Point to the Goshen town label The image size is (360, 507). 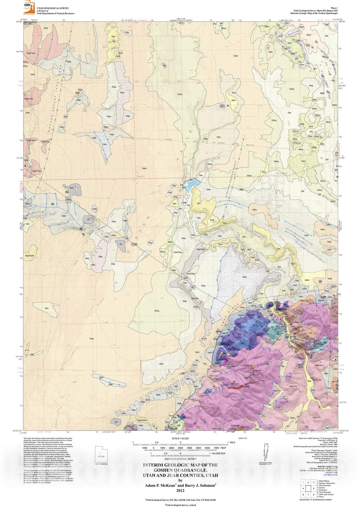283,173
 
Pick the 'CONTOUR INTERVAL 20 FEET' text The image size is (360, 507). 180,459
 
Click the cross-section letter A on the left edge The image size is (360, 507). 25,166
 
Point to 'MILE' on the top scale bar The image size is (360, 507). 233,442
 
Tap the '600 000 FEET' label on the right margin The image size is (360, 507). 342,87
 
